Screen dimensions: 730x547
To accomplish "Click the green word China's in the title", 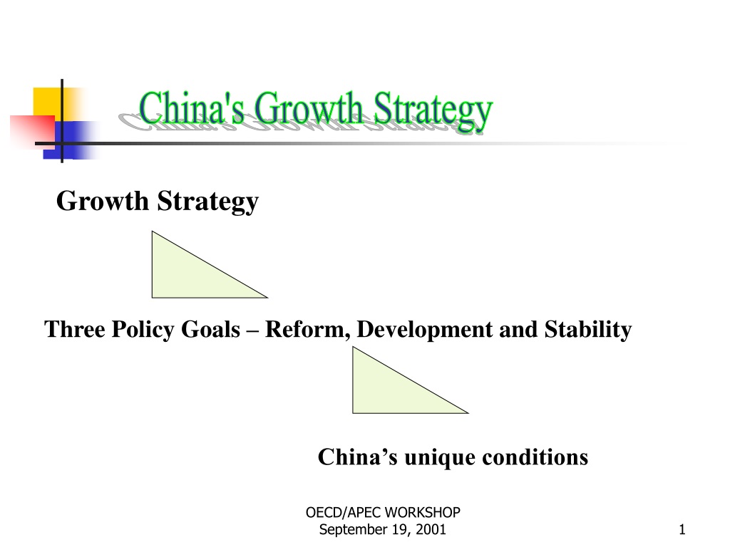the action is click(191, 108).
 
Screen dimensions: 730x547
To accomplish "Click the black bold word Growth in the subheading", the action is click(103, 201).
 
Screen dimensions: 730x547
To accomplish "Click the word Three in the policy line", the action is click(74, 329).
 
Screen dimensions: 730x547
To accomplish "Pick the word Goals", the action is click(210, 329).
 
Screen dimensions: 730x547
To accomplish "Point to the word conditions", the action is click(535, 457).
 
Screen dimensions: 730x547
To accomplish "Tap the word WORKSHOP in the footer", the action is click(422, 513).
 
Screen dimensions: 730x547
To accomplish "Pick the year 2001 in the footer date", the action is click(431, 529).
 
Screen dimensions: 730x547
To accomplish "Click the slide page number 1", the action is click(682, 529).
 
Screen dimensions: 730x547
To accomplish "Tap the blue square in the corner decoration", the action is click(70, 140).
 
